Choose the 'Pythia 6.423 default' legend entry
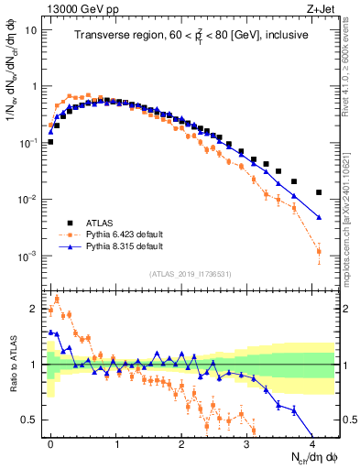click(x=126, y=234)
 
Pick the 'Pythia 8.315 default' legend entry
click(x=126, y=247)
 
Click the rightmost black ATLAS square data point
click(x=319, y=192)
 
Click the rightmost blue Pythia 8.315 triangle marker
click(x=319, y=217)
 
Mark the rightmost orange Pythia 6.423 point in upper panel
click(x=319, y=251)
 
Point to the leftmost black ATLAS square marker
click(x=50, y=142)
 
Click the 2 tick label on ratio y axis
click(x=33, y=309)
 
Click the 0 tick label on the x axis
click(x=50, y=445)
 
